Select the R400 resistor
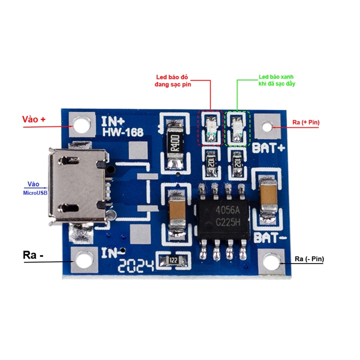click(x=175, y=142)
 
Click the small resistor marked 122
click(x=173, y=260)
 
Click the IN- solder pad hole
click(x=83, y=259)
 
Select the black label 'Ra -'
click(x=33, y=254)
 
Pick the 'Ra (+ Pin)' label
click(x=305, y=121)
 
